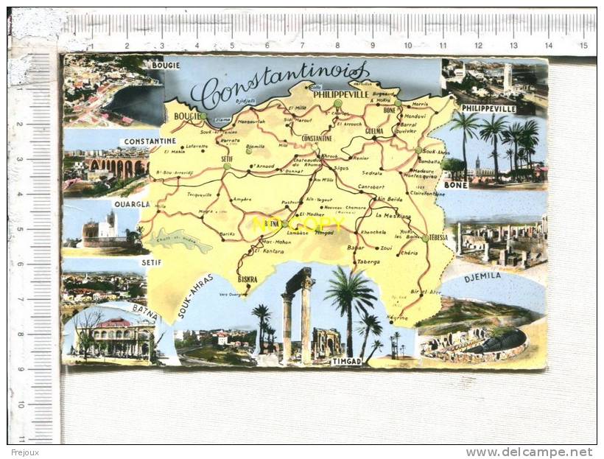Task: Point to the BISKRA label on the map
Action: coord(247,279)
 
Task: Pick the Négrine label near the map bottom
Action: coord(397,318)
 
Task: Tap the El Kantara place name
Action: coord(269,251)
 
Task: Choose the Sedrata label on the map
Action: coord(372,172)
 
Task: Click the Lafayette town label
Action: coord(197,147)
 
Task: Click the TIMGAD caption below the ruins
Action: coord(346,362)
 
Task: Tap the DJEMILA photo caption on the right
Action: coord(482,276)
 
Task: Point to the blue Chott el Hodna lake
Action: coord(180,239)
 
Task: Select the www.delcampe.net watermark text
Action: coord(529,452)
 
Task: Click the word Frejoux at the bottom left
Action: coord(24,452)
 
